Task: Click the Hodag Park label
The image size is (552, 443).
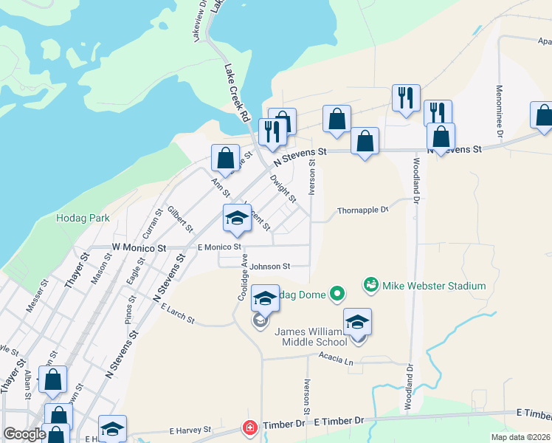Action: point(83,219)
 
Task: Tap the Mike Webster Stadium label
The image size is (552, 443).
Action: point(433,286)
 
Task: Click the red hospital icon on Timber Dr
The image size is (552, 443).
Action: point(250,427)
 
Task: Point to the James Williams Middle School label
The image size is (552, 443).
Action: point(311,337)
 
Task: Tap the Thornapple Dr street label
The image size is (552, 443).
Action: point(362,210)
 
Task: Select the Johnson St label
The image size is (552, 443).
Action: point(269,266)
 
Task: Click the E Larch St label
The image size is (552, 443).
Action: point(177,315)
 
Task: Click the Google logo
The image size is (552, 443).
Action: point(25,434)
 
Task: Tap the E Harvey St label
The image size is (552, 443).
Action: point(190,430)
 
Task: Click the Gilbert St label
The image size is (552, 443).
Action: point(179,219)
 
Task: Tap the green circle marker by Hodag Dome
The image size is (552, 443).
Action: point(337,295)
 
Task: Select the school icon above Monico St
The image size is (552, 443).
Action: point(238,218)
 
